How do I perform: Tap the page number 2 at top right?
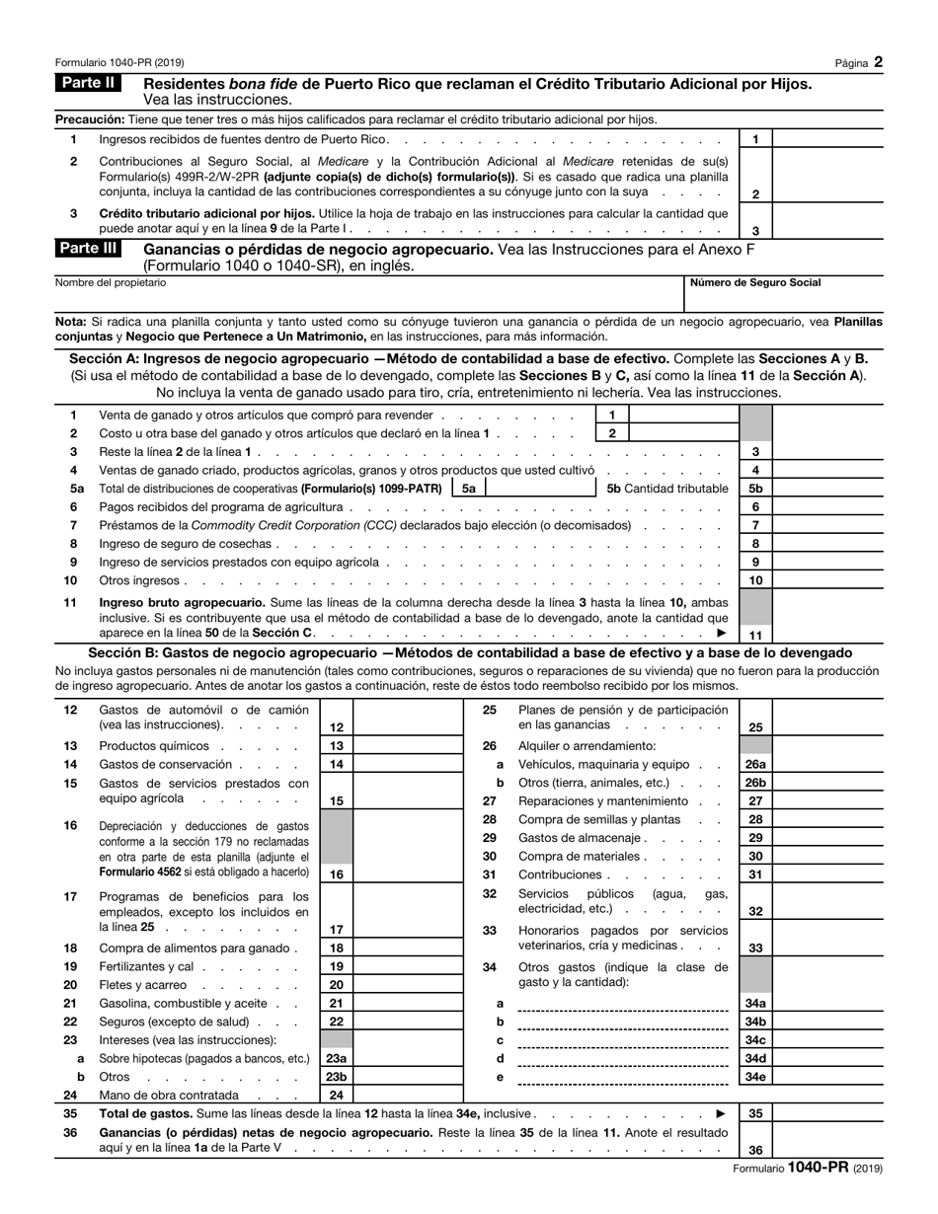(878, 62)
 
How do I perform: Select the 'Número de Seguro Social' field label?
(754, 283)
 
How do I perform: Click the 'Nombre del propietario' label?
(111, 283)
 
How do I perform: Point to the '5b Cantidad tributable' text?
(666, 489)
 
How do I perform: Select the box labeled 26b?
(755, 783)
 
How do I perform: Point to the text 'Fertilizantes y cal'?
(145, 966)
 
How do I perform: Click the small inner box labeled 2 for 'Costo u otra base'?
(612, 433)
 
